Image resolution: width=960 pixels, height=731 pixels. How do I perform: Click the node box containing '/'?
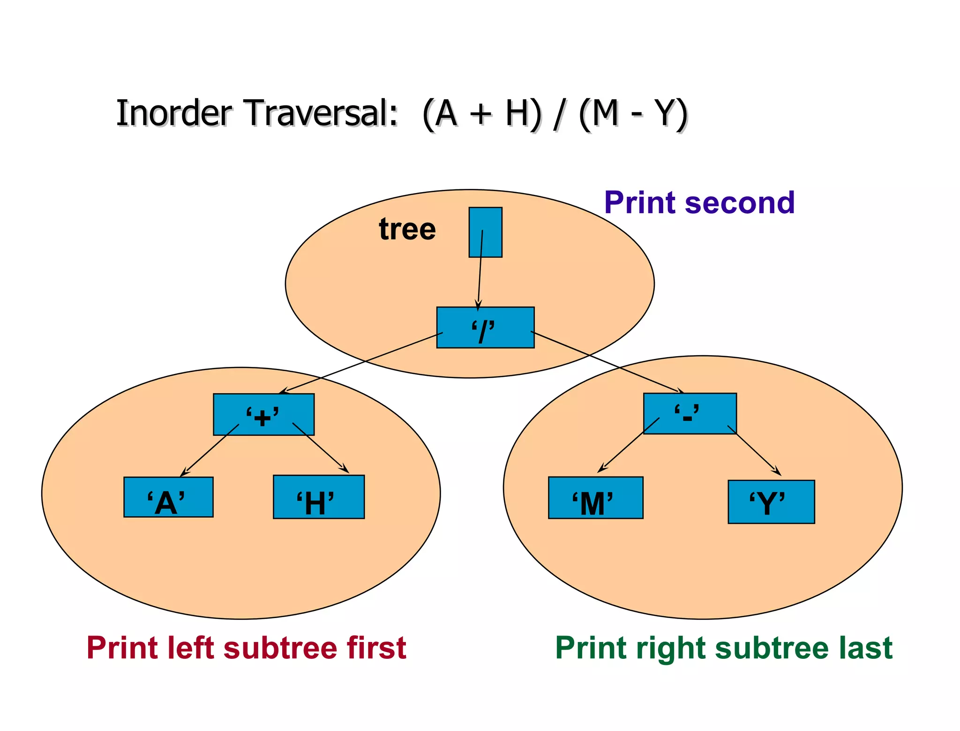click(x=485, y=328)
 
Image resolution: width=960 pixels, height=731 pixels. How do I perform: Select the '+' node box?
click(x=263, y=414)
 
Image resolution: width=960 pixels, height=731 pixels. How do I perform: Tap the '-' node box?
click(x=690, y=413)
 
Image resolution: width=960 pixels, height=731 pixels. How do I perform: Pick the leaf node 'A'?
click(x=168, y=497)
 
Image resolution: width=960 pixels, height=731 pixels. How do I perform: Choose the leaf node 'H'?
click(x=319, y=497)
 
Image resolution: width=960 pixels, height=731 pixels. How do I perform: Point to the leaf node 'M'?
click(x=595, y=498)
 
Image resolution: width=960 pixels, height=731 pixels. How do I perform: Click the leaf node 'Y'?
click(x=771, y=501)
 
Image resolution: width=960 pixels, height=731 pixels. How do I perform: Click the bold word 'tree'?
click(x=407, y=229)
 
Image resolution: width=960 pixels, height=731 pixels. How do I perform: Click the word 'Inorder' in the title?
click(x=174, y=113)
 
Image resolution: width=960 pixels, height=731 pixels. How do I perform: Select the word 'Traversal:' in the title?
click(x=321, y=113)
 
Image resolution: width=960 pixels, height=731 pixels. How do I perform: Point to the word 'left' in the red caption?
click(x=192, y=648)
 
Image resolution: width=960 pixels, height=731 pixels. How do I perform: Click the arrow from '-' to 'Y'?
click(x=755, y=451)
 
